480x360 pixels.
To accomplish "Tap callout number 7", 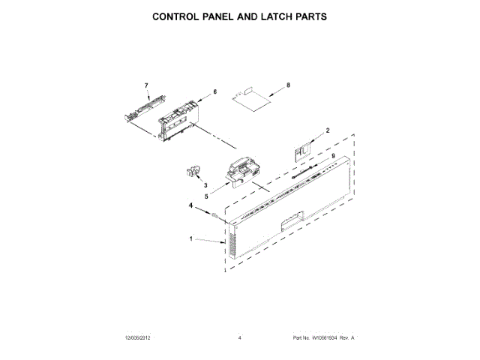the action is [x=147, y=86].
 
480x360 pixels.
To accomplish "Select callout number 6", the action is [x=214, y=91].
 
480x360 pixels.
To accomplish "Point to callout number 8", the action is [x=288, y=87].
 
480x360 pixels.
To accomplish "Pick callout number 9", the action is [x=333, y=156].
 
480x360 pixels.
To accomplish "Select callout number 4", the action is [x=191, y=205].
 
